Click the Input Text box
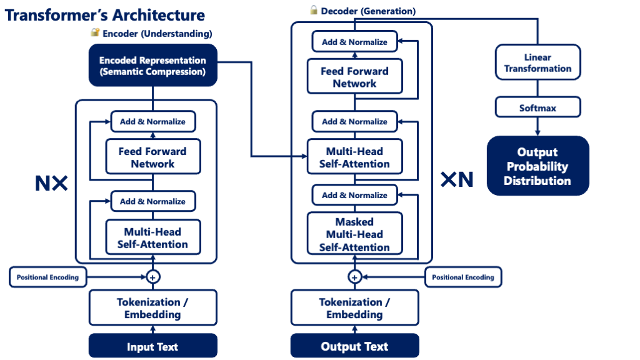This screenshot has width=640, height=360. [x=152, y=346]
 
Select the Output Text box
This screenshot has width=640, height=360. [x=354, y=346]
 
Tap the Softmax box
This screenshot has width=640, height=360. [x=537, y=107]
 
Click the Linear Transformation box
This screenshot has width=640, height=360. [x=537, y=62]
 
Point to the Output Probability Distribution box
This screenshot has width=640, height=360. [x=537, y=166]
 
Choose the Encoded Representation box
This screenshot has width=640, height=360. [x=152, y=66]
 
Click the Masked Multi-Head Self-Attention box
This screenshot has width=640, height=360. [x=354, y=234]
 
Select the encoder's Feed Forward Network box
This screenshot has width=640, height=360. [x=152, y=157]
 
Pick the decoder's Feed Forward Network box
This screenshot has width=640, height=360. [x=354, y=77]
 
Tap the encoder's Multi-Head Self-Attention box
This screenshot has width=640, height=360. [x=152, y=237]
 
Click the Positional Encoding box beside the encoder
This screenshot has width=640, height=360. [x=47, y=277]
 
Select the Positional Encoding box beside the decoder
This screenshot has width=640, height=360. [x=462, y=277]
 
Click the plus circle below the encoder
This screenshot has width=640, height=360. [x=152, y=276]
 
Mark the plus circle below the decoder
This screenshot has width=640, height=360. [x=354, y=276]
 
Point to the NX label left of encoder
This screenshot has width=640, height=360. [x=51, y=182]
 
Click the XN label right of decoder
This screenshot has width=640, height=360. [x=457, y=180]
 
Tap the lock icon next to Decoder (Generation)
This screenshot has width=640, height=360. [x=314, y=10]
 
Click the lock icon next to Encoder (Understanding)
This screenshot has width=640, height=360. [x=95, y=32]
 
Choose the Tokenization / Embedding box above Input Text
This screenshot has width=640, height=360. [x=152, y=308]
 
